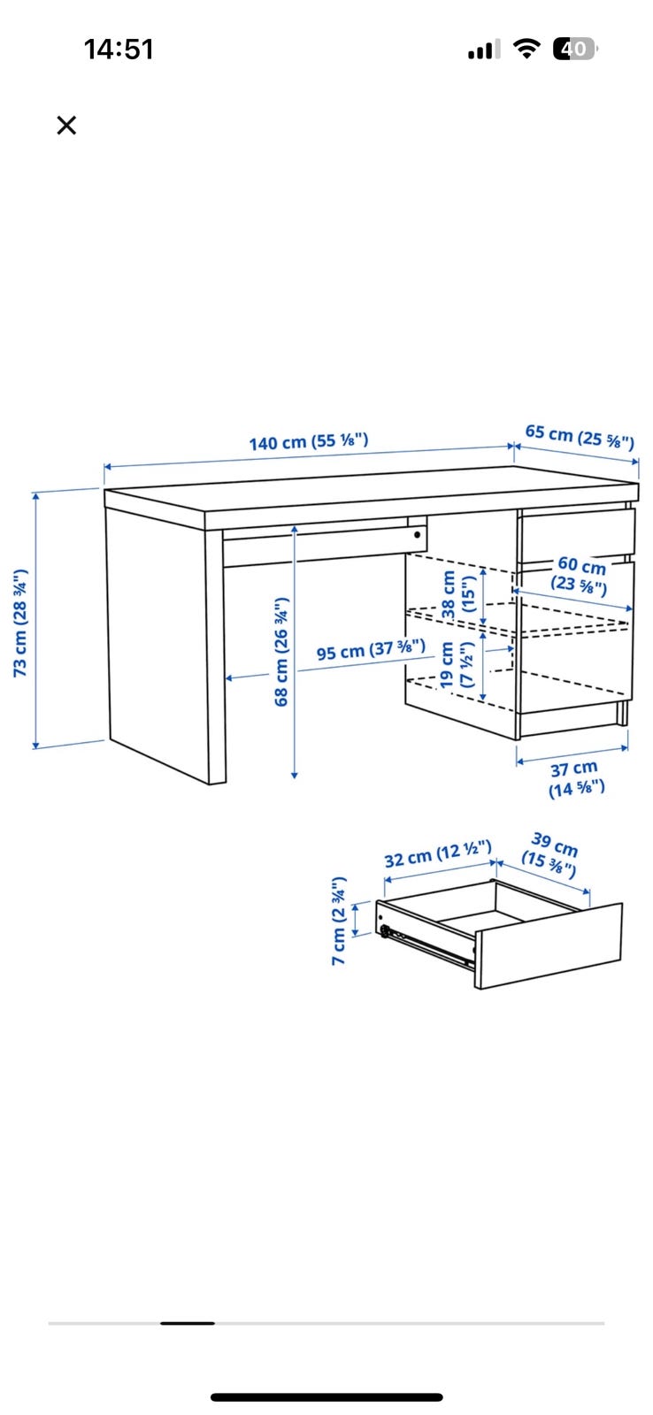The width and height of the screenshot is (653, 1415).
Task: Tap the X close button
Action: coord(66,125)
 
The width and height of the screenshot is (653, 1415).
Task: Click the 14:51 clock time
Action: coord(119,50)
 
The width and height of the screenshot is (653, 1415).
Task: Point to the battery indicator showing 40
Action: coord(575,49)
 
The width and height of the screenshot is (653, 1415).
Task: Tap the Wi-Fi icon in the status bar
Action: coord(526,48)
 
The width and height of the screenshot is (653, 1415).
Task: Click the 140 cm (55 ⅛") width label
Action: coord(309,441)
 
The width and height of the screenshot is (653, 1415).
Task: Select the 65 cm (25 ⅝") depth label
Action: coord(580,436)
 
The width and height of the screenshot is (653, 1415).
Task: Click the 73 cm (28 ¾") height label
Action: coord(20,623)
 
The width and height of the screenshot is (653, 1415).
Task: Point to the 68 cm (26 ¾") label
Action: coord(281,651)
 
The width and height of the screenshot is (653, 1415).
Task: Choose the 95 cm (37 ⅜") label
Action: coord(371,649)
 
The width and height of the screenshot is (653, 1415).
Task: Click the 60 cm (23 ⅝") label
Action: coord(580,575)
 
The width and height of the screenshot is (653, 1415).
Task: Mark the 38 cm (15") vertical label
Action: coord(457,594)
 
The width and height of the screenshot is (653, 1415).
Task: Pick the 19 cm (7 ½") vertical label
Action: coord(457,664)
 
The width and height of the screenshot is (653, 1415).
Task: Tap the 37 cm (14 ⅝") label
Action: coord(576,777)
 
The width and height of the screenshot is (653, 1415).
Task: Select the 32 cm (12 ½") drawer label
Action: coord(438,853)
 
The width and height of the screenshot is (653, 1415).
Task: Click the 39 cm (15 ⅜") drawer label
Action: coord(550,854)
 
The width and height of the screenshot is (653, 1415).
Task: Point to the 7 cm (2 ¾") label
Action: coord(339,921)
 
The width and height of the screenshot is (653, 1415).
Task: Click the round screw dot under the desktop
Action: coord(418,534)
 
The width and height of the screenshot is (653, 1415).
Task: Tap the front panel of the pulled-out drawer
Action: coord(549,945)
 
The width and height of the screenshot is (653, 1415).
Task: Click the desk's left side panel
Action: coord(158,637)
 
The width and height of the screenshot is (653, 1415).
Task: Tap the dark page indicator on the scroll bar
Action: coord(188,1323)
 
